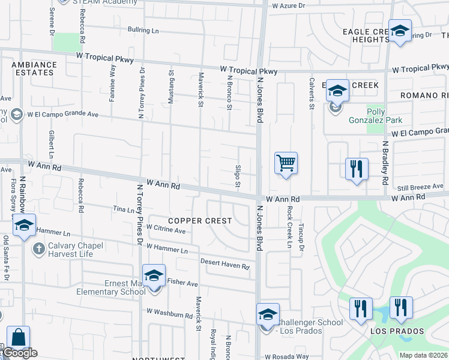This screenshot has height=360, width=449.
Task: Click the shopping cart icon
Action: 286,163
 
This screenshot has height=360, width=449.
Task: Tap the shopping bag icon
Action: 18,337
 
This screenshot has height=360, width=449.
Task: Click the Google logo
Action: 19,353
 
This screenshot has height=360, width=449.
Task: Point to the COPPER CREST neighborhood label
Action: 200,221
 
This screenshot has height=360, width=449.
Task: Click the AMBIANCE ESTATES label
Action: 29,68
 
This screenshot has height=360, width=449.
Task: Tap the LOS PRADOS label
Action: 397,331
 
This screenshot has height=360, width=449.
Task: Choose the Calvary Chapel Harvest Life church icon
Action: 38,248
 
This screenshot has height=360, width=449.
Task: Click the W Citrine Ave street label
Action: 166,230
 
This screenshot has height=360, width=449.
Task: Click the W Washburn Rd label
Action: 169,313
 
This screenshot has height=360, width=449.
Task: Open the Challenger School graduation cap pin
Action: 268,314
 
